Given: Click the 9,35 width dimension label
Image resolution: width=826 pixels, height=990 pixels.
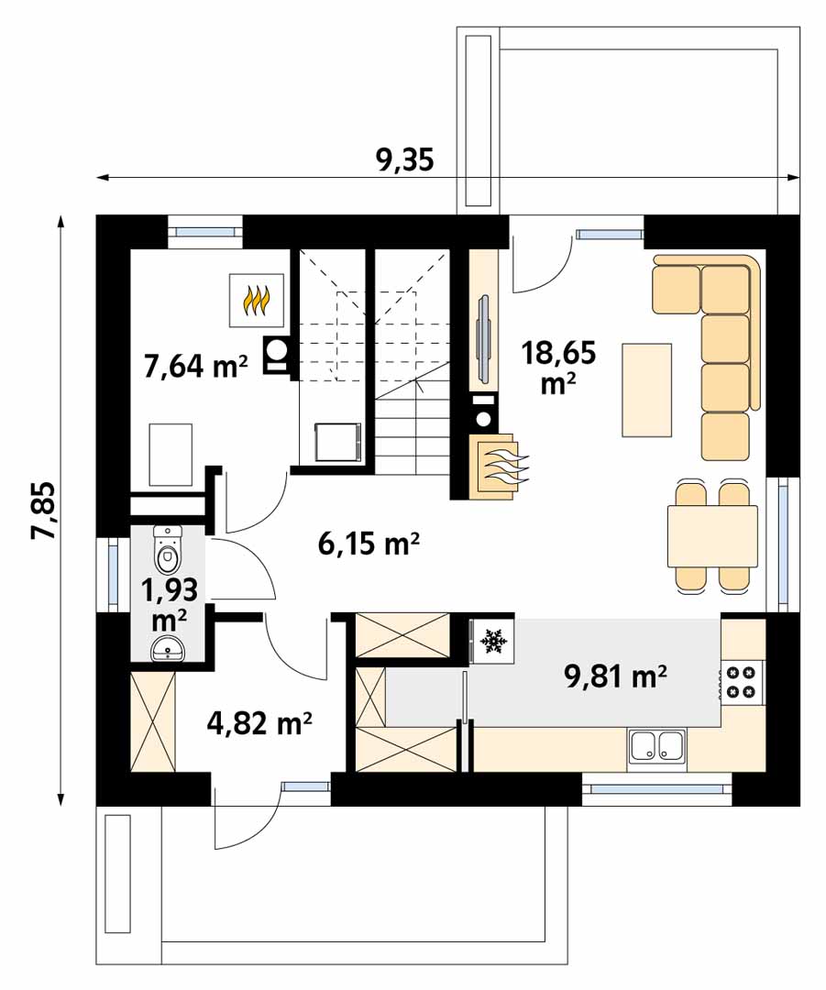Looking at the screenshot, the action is pyautogui.click(x=405, y=160).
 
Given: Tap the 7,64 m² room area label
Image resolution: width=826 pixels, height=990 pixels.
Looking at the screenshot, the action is pyautogui.click(x=196, y=366).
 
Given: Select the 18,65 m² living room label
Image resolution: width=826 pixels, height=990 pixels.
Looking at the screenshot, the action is pyautogui.click(x=558, y=366).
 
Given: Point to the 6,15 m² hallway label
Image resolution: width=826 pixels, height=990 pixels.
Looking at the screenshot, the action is pyautogui.click(x=369, y=544).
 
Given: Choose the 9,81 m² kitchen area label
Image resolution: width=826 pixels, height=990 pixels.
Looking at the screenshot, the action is pyautogui.click(x=616, y=676).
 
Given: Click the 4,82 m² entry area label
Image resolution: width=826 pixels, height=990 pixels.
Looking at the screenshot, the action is pyautogui.click(x=259, y=723).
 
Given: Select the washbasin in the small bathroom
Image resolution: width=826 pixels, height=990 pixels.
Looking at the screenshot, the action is pyautogui.click(x=168, y=648).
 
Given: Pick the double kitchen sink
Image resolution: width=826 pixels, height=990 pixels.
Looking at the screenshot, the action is pyautogui.click(x=656, y=744).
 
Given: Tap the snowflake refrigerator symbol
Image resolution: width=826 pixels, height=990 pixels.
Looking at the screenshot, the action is pyautogui.click(x=494, y=642).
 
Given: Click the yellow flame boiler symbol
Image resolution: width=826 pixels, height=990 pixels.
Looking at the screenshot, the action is pyautogui.click(x=256, y=300).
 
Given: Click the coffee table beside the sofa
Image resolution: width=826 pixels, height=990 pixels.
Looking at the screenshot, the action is pyautogui.click(x=646, y=390).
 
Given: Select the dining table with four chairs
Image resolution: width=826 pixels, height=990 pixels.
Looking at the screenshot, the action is pyautogui.click(x=712, y=537).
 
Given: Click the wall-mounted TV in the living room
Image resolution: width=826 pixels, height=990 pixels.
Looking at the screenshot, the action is pyautogui.click(x=484, y=338).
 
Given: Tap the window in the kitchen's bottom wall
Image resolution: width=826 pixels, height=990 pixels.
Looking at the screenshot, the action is pyautogui.click(x=656, y=788).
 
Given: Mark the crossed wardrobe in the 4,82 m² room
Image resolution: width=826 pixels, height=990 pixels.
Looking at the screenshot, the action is pyautogui.click(x=153, y=721).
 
